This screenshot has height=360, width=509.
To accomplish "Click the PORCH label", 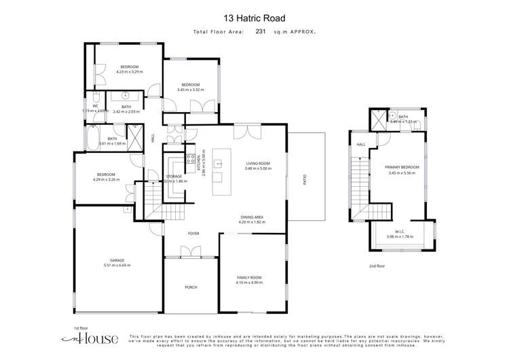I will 191,287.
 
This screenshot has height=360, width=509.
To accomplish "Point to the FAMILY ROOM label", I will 250,278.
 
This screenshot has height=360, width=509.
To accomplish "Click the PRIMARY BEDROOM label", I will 402,167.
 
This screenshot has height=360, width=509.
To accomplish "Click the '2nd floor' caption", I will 377,266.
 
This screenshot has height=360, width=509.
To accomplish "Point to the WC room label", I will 96,106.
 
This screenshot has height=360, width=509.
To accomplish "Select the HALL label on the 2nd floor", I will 361,144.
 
